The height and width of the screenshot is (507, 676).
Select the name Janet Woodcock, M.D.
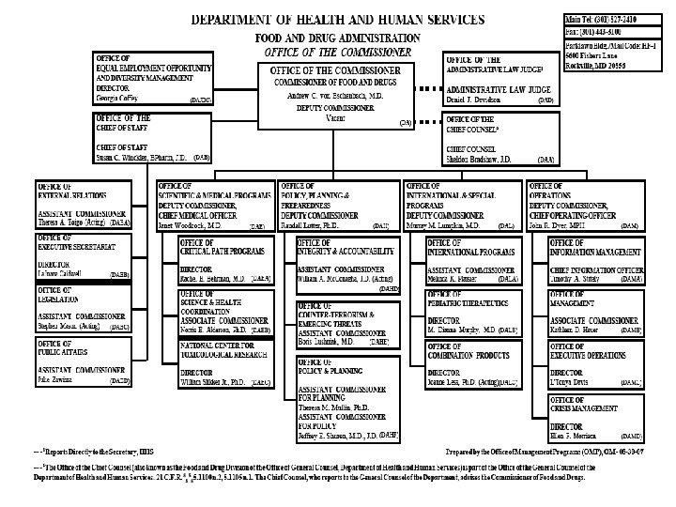click(190, 226)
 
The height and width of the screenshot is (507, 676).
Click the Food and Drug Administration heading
click(337, 36)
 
